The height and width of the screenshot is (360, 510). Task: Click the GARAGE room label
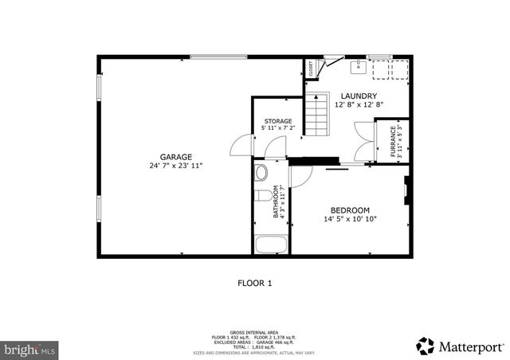[x=175, y=157]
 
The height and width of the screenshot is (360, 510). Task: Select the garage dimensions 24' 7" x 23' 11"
[x=175, y=166]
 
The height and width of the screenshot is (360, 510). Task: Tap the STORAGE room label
[x=278, y=121]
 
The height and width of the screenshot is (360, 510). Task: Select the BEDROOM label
[x=350, y=209]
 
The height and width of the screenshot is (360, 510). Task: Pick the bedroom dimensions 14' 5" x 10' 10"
[x=350, y=219]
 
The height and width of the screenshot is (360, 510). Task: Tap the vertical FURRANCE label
[x=393, y=140]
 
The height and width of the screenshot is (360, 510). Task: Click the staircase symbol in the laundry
[x=317, y=114]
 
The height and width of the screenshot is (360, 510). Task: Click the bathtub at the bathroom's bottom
[x=271, y=244]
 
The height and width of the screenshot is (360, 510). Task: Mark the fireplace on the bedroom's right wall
[x=406, y=189]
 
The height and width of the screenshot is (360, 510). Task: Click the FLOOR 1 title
[x=255, y=283]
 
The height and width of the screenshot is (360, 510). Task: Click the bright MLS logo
[x=29, y=349]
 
